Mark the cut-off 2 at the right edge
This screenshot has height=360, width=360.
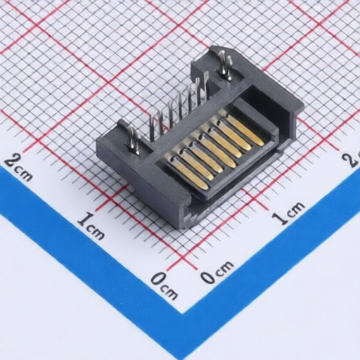click(353, 159)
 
